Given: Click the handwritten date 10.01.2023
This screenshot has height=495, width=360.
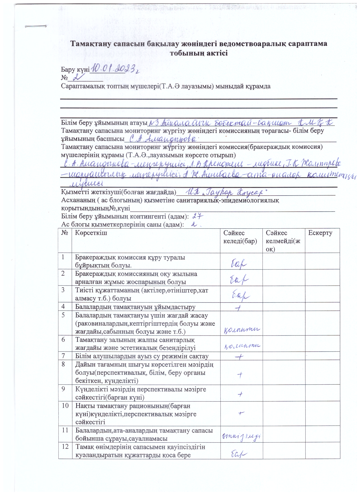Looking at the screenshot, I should [x=116, y=68].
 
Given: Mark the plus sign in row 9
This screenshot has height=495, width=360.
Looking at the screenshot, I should [x=240, y=394].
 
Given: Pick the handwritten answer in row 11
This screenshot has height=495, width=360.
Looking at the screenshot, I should [x=241, y=436].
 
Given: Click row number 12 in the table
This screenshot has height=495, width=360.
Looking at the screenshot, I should [x=65, y=447].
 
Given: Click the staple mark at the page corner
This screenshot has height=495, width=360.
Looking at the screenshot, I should [x=36, y=26].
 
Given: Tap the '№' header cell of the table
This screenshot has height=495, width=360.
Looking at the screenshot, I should [x=65, y=233].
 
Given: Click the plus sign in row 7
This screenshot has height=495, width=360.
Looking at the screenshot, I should [x=239, y=357].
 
